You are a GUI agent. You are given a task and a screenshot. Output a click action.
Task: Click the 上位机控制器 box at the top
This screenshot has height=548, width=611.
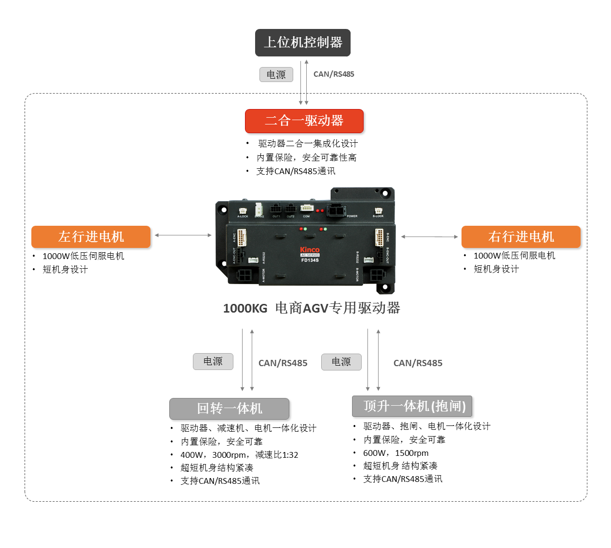[302, 42]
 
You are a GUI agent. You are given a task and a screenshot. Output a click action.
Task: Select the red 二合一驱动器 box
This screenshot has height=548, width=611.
[304, 121]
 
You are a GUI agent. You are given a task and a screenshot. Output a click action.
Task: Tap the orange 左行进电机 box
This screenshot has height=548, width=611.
[91, 237]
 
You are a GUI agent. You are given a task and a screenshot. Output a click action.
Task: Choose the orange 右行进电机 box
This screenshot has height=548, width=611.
[521, 237]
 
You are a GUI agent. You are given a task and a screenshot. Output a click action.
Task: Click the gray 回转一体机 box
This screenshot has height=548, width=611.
[229, 409]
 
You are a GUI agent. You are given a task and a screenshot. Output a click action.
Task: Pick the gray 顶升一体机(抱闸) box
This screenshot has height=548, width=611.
[412, 406]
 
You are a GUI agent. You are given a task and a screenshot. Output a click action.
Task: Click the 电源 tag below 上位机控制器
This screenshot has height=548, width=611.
[276, 75]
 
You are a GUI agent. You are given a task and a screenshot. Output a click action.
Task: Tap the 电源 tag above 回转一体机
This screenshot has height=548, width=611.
[213, 361]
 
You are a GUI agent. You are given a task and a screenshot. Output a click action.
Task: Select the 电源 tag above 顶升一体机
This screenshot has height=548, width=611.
[341, 362]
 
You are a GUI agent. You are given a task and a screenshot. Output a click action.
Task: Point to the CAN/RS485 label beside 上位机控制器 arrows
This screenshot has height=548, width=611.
[334, 74]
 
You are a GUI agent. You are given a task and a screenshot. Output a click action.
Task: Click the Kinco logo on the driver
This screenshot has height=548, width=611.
[310, 249]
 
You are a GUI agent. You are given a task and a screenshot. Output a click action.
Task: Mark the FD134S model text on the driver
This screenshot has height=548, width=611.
[310, 260]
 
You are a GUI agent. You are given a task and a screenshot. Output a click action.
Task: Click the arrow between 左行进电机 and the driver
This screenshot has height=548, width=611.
[183, 235]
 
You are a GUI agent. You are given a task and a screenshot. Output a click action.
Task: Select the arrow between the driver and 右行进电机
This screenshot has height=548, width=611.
[429, 237]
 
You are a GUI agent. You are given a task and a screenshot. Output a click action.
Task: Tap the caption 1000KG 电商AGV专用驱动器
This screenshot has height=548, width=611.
[312, 308]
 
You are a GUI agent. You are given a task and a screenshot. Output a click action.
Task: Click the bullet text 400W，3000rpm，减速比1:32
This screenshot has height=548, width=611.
[239, 455]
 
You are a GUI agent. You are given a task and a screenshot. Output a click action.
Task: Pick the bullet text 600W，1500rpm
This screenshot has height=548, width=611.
[395, 453]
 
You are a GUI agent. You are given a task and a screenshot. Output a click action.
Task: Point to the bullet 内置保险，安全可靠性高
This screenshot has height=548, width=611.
[306, 158]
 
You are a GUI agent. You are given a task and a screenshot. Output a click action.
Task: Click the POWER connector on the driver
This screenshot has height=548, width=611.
[336, 210]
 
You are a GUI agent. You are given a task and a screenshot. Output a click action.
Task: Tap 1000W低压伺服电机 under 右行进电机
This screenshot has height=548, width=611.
[514, 256]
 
